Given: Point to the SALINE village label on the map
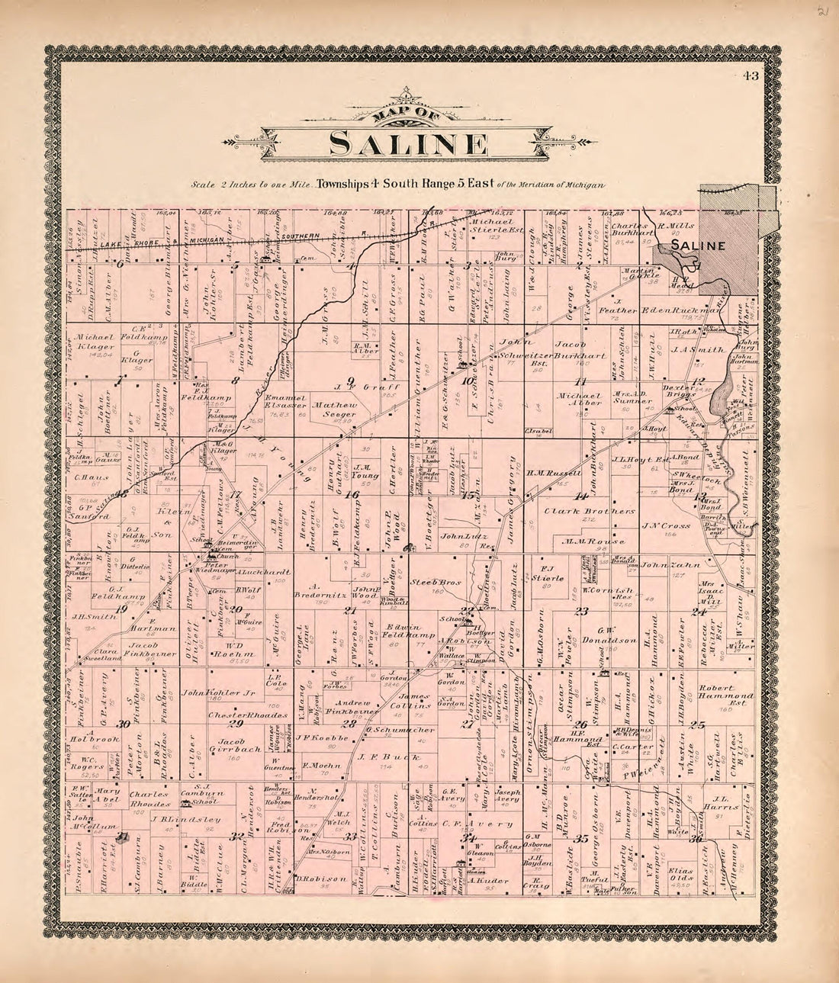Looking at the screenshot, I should (698, 246).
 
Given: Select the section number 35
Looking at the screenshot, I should (581, 839).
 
